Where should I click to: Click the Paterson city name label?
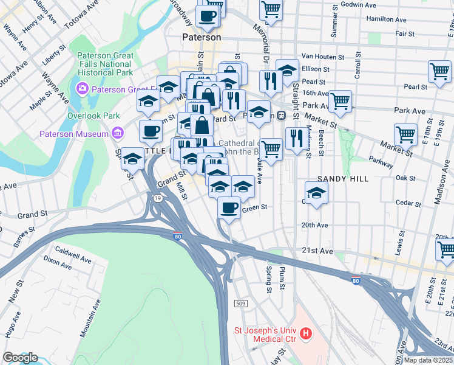[x=202, y=37]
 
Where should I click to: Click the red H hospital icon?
[x=306, y=333]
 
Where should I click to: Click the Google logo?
[x=20, y=358]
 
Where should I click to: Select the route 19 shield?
[x=157, y=198]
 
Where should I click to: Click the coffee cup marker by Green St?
[x=229, y=208]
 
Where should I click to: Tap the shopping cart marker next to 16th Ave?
[x=340, y=100]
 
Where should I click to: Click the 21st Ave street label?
[x=317, y=251]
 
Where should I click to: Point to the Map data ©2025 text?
[x=429, y=360]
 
